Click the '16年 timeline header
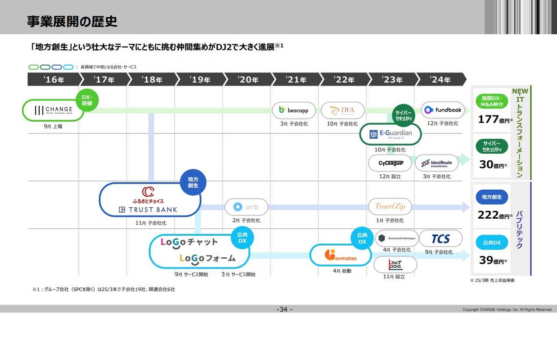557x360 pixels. coord(54,79)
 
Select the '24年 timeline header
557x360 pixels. coord(440,79)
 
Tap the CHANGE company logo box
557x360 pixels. coord(54,110)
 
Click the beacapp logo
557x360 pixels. coord(294,110)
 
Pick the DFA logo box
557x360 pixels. coord(342,110)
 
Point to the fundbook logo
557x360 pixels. coord(443,110)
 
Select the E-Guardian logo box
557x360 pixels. coord(390,134)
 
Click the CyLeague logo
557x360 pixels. coord(390,163)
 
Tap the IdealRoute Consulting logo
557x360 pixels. coord(436,163)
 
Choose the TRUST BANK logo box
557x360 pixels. coord(150,200)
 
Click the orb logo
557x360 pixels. coord(246,207)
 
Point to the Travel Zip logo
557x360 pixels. coord(390,206)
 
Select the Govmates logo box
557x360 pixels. coord(340,255)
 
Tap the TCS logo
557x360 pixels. coord(441,238)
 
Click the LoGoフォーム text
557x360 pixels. coord(208,258)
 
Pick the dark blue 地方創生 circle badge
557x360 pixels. coord(193,182)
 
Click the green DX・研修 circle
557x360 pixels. coord(87,100)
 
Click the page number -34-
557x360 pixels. coord(284,310)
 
